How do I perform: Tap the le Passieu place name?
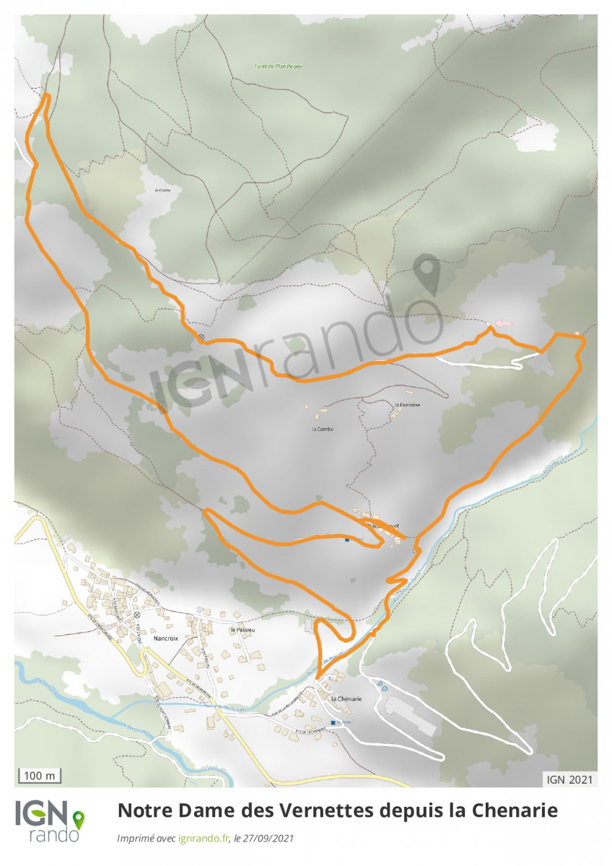[x=244, y=630]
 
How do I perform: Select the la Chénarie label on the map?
[x=346, y=699]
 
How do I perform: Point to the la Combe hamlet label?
[x=322, y=429]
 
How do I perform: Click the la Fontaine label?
[x=408, y=405]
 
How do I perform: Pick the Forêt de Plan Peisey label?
[x=278, y=66]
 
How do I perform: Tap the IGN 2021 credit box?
[x=569, y=779]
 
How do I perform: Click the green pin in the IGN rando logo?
[x=77, y=819]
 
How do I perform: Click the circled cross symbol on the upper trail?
[x=201, y=337]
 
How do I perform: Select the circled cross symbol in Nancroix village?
[x=136, y=615]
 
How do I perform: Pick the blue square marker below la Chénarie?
[x=333, y=722]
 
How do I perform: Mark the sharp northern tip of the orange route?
[x=47, y=95]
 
